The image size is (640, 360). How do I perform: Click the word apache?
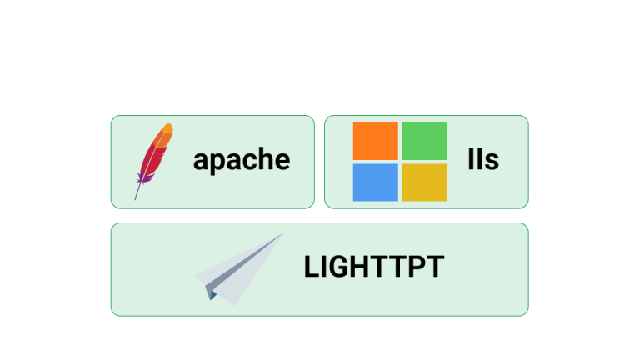[242, 160]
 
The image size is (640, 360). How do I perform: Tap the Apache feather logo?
[154, 161]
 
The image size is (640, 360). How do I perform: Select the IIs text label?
[483, 159]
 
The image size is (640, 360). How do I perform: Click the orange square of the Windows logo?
[376, 141]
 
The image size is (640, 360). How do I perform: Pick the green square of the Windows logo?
[424, 141]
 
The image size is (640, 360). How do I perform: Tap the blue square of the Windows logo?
[376, 182]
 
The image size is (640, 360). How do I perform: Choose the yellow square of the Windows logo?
[424, 182]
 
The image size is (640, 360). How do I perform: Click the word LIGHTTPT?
[374, 267]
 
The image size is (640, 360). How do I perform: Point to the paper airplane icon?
[239, 269]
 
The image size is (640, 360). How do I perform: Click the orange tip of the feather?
[168, 129]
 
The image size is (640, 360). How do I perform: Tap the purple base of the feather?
[144, 178]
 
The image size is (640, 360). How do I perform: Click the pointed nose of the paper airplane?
[281, 235]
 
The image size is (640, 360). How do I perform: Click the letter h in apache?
[262, 158]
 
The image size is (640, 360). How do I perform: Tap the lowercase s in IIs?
[492, 162]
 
